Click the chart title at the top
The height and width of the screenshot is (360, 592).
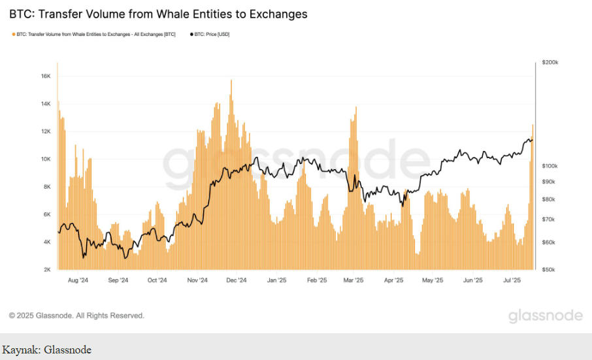(x=158, y=14)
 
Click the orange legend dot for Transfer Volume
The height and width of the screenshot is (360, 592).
(x=12, y=34)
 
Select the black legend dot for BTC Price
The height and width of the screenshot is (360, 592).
(x=191, y=34)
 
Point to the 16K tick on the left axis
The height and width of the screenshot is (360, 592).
(x=46, y=76)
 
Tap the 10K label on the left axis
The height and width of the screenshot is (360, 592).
(x=46, y=159)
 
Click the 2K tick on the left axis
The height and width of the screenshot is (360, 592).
(x=46, y=269)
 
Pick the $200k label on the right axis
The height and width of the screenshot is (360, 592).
(x=550, y=62)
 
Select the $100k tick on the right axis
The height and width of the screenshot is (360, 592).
(x=550, y=166)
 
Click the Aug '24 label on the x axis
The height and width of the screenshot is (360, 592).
(x=78, y=280)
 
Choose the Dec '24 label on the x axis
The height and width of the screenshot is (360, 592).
(x=237, y=280)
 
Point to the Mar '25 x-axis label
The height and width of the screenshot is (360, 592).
(x=354, y=280)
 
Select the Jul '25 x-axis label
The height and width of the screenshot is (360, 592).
(x=511, y=280)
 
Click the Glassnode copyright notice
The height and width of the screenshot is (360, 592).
(x=76, y=316)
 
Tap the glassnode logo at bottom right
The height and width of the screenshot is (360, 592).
(x=546, y=316)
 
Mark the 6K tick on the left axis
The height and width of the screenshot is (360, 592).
(x=46, y=214)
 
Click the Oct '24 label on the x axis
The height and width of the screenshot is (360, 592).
(x=157, y=280)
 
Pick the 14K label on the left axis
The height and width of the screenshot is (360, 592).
(x=46, y=103)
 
